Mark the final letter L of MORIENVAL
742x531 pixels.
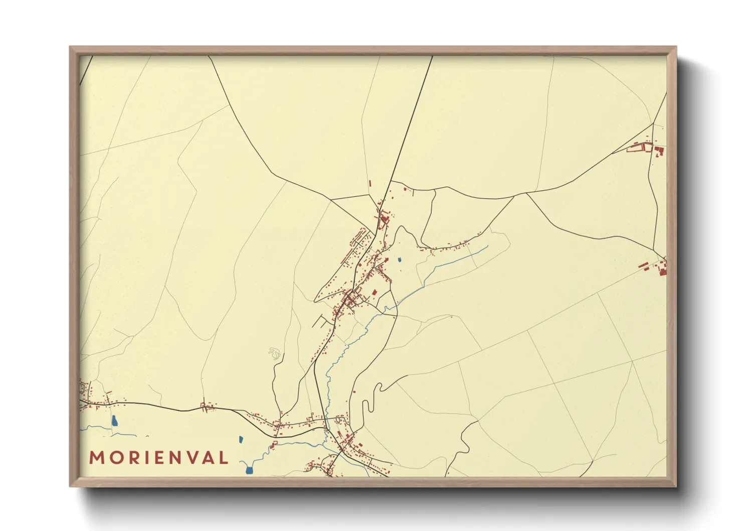coord(223,458)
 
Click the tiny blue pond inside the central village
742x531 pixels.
coord(400,260)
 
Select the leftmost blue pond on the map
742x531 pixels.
coord(114,421)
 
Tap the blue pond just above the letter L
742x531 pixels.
coord(241,440)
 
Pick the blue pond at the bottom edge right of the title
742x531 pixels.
coord(249,470)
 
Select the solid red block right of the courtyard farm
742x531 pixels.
coord(660,150)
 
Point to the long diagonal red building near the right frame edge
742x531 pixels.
coord(643,264)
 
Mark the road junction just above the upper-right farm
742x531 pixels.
coord(653,123)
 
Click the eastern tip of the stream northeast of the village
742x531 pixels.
coord(487,246)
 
